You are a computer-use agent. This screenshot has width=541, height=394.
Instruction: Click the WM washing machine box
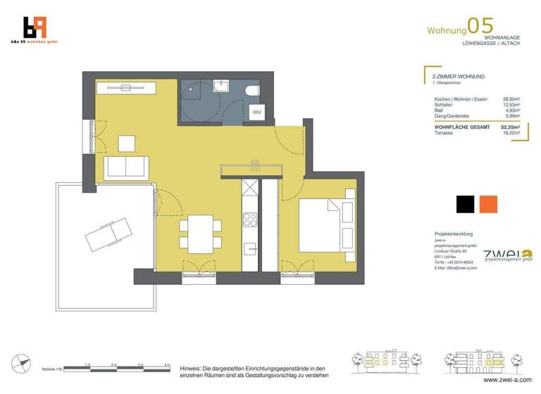click(x=256, y=112)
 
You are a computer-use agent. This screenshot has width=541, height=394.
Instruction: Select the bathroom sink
click(x=221, y=87)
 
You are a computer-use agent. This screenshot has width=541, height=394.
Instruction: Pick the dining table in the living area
click(x=199, y=233)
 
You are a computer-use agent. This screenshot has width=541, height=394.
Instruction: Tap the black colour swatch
click(x=465, y=204)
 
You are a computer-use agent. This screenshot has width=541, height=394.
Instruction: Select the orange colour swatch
click(x=488, y=204)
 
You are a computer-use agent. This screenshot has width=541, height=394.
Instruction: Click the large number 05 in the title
click(x=483, y=26)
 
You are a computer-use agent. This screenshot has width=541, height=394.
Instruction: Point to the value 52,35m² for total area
click(x=510, y=127)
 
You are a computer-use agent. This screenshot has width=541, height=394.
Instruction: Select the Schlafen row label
click(x=444, y=105)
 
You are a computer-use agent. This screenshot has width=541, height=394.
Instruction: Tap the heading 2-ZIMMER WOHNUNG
click(x=459, y=76)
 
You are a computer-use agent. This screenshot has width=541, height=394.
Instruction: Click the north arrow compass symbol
click(x=23, y=363)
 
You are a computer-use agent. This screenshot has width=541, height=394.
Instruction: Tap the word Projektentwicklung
click(x=454, y=234)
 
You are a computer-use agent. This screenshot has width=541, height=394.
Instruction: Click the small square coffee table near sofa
click(x=127, y=143)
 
